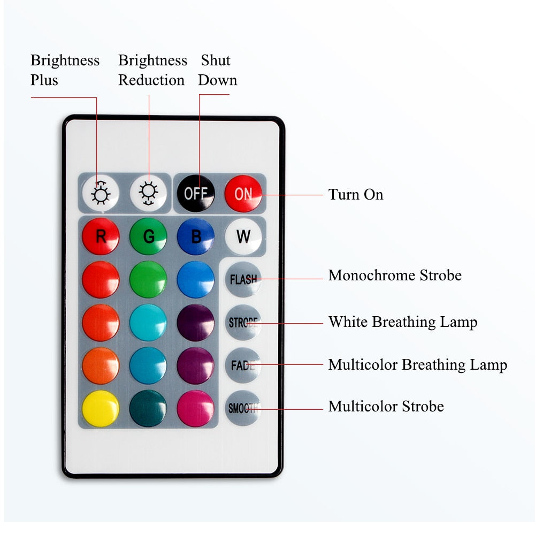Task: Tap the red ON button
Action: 243,193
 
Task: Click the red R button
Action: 101,236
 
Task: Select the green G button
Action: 148,236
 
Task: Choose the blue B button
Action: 195,236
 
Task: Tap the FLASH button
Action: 243,279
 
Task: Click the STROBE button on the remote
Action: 243,323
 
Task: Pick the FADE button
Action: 243,365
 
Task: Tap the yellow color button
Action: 101,408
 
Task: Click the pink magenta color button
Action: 195,408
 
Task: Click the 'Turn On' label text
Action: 356,194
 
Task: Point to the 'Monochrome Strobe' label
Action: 395,276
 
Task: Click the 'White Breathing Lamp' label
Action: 403,322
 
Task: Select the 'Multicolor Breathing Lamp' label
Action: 417,365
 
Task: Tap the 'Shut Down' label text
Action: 217,70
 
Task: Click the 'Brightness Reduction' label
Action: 152,70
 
